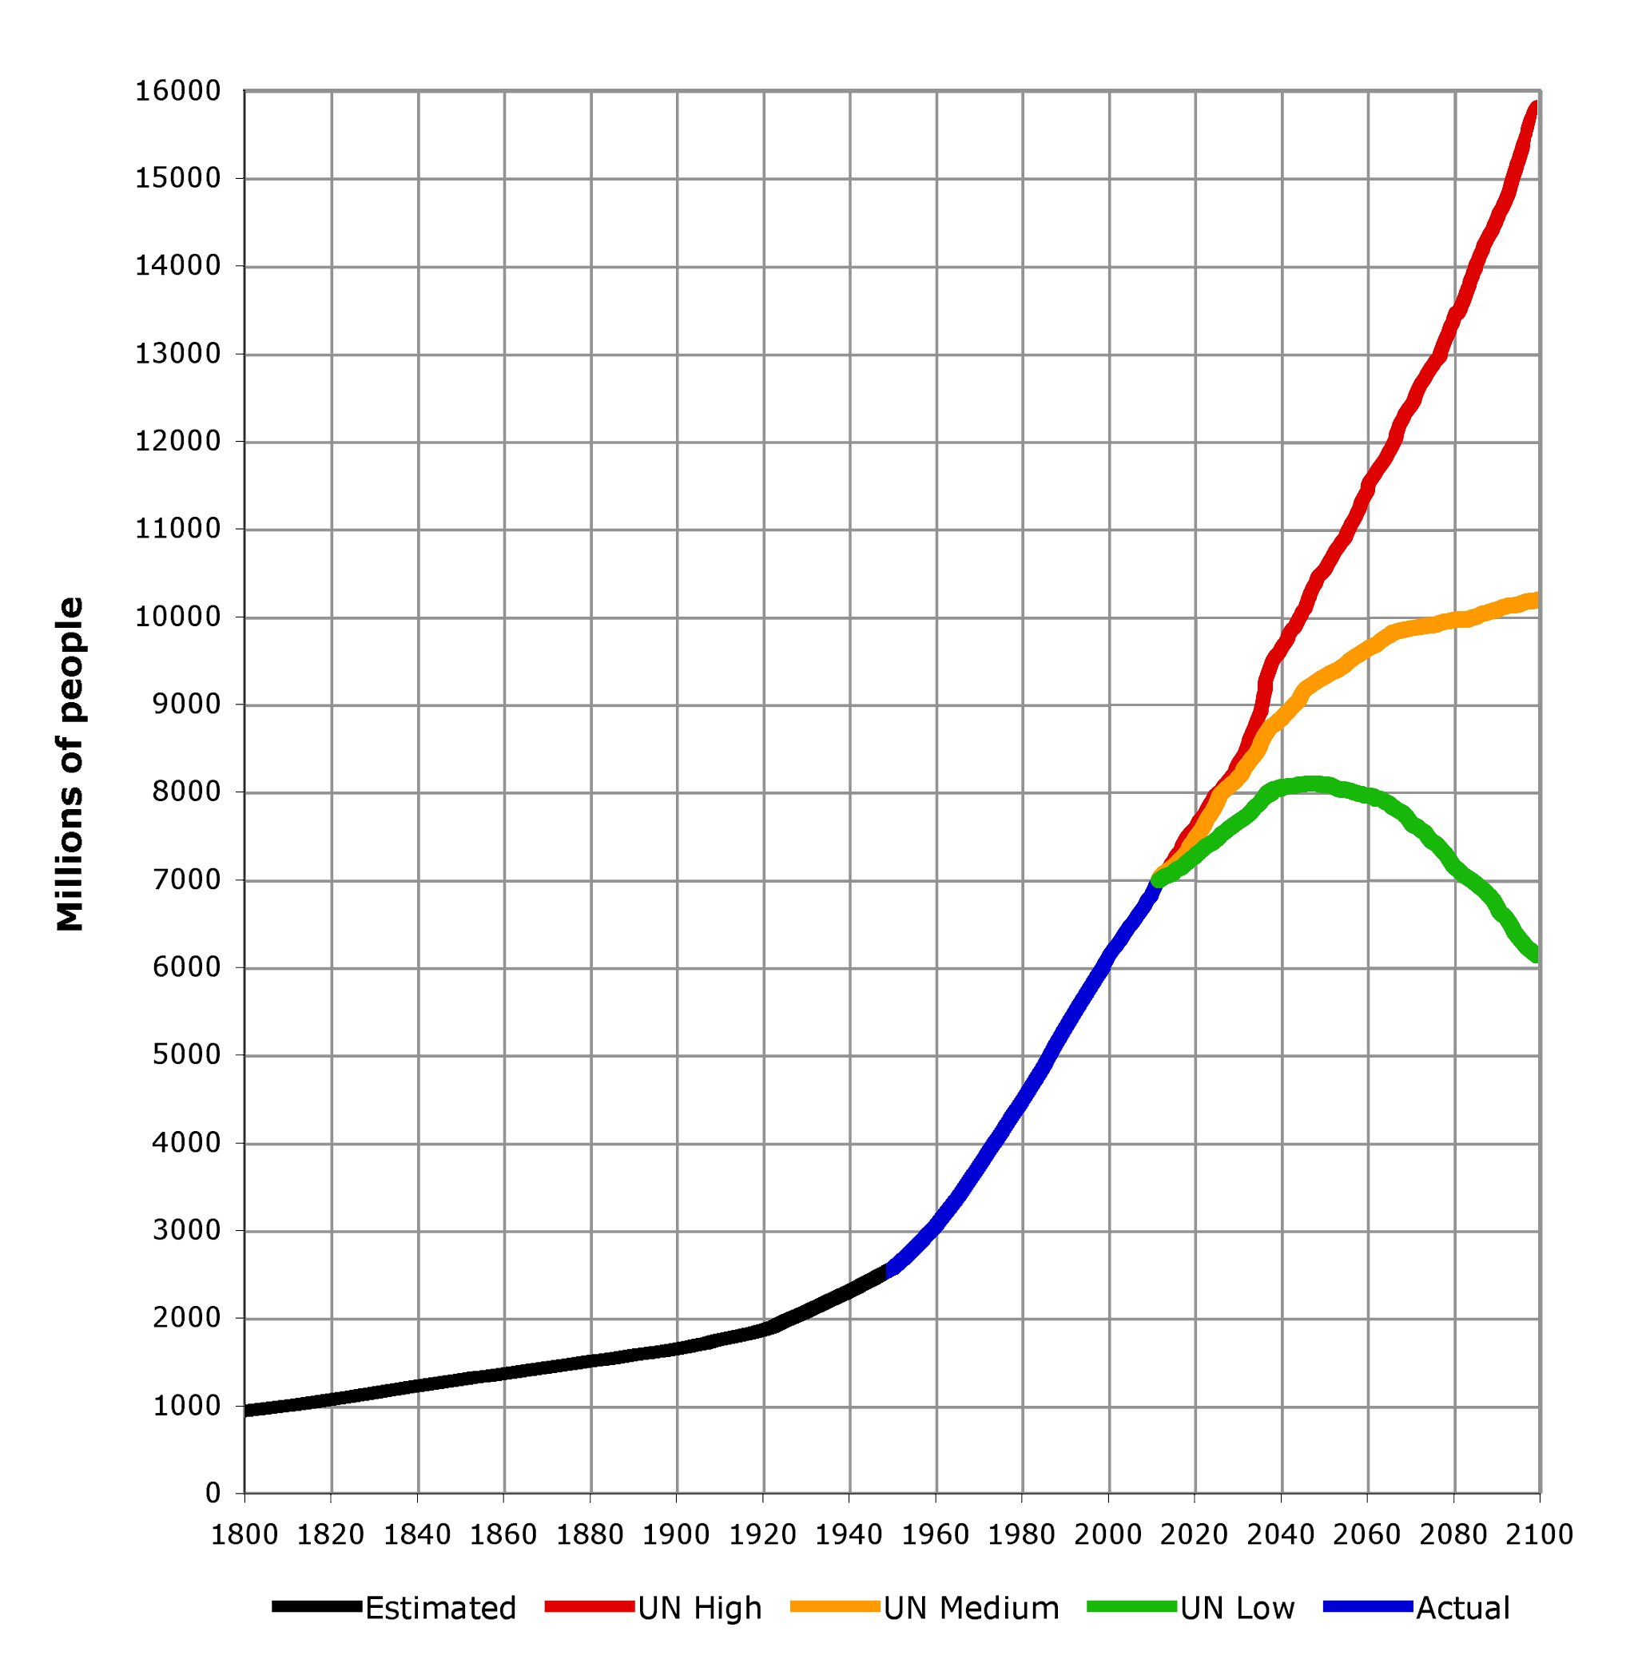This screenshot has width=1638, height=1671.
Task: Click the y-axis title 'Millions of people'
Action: click(70, 764)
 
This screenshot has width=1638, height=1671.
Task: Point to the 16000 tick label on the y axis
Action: click(177, 91)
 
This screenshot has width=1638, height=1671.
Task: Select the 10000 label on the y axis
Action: click(177, 617)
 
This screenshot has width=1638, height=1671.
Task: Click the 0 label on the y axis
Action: click(213, 1494)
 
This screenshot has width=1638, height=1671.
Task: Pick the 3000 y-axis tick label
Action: click(186, 1231)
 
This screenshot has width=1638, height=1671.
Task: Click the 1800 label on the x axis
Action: click(245, 1535)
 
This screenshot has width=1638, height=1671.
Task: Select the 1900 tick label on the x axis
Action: click(676, 1535)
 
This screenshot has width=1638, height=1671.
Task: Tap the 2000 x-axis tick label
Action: click(1108, 1535)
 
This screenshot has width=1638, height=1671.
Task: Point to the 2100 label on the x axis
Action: click(1540, 1535)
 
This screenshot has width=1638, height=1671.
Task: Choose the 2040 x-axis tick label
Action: click(1281, 1535)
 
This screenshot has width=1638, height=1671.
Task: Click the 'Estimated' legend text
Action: click(440, 1608)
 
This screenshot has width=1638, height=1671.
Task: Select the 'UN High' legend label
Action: click(699, 1608)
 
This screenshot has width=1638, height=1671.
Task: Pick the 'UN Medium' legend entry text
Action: click(972, 1608)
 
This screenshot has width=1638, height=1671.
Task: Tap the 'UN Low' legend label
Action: click(1237, 1608)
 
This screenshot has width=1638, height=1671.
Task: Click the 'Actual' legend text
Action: click(1462, 1608)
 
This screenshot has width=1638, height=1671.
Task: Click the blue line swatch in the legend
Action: click(1368, 1606)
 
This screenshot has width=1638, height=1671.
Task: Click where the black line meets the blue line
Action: click(887, 1271)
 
